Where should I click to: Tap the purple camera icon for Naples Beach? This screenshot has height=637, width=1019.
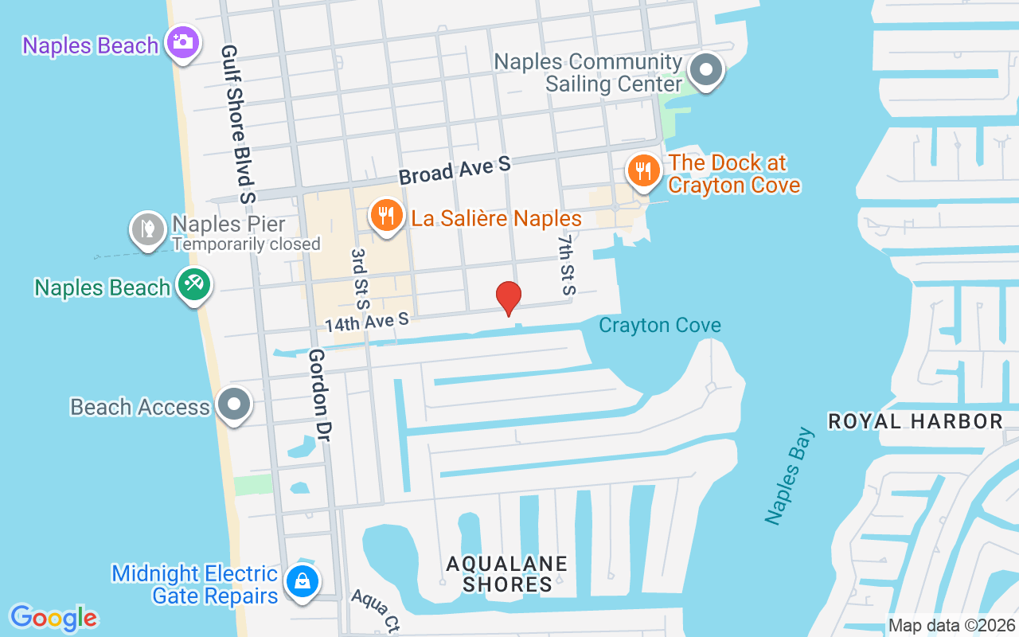pos(183,42)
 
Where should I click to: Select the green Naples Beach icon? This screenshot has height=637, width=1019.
pos(193,284)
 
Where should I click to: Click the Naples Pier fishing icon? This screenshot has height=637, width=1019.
pos(147,229)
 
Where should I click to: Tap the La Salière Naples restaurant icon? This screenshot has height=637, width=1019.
pos(386,216)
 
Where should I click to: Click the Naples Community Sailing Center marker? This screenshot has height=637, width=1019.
pos(705,70)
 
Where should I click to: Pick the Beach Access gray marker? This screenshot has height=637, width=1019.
pos(234,404)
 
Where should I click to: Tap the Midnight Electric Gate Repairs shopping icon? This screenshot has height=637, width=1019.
pos(303,580)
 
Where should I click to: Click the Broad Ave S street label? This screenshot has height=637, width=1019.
pos(455,170)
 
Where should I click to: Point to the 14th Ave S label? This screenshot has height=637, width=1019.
pos(367,322)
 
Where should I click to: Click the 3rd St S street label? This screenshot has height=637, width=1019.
pos(360,278)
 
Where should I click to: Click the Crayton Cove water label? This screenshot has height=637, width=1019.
pos(659,325)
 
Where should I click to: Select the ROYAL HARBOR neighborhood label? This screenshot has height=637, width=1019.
pos(915,421)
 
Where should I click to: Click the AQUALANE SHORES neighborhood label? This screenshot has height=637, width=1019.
pos(507,573)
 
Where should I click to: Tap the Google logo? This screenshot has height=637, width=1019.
pos(53,617)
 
